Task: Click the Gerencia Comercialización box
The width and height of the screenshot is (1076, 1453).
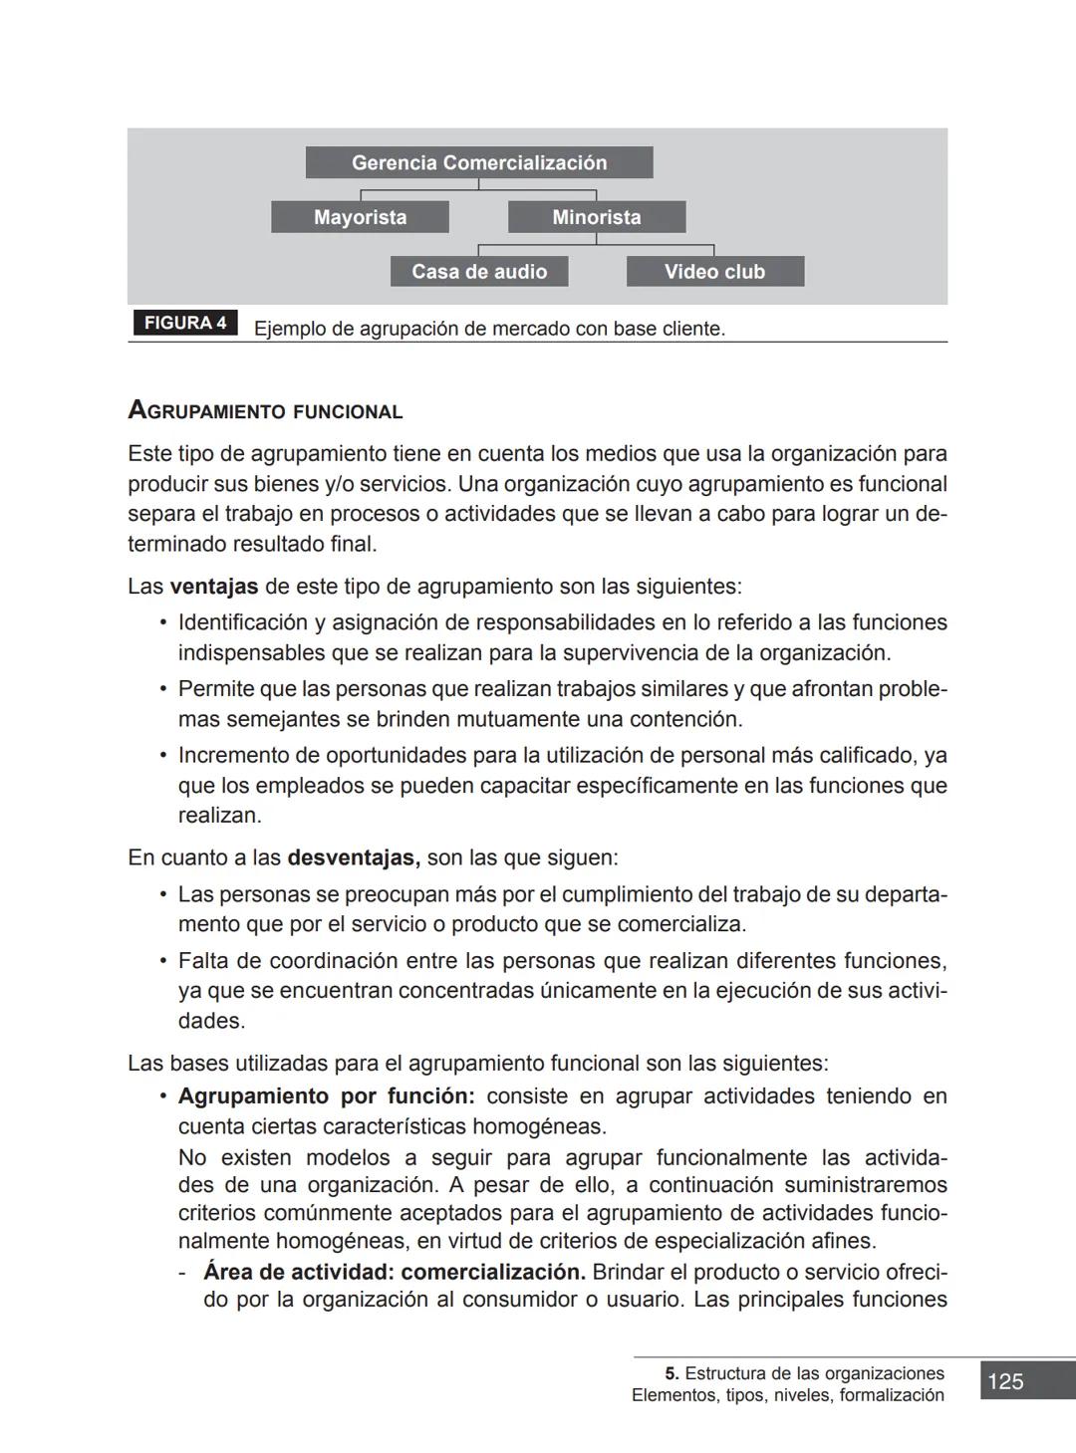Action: click(479, 162)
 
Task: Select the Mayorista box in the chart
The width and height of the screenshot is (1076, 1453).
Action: click(360, 217)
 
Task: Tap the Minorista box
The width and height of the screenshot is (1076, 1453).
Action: click(597, 217)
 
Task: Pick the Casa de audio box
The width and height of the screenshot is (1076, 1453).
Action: click(479, 272)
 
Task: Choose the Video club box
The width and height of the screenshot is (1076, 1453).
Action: click(714, 272)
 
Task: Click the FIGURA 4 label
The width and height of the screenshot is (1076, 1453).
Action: click(185, 323)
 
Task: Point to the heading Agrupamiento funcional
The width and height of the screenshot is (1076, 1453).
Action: click(265, 410)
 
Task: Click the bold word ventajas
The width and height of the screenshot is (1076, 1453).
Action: click(213, 586)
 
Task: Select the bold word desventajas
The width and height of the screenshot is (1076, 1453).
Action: click(353, 857)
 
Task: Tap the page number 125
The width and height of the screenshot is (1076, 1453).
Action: click(1005, 1381)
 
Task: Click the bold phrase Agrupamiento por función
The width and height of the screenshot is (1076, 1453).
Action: click(326, 1096)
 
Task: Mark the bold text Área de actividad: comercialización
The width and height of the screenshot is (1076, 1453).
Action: click(394, 1272)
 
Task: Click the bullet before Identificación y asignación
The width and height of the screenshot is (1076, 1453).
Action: click(162, 623)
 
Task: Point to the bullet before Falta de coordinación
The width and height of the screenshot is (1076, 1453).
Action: click(162, 962)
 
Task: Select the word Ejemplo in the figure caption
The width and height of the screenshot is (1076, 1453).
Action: click(289, 329)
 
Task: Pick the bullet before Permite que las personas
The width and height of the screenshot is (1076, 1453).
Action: click(162, 689)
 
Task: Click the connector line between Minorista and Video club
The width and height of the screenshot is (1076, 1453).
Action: click(656, 245)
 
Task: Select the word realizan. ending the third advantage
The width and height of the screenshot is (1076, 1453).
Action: click(219, 816)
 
